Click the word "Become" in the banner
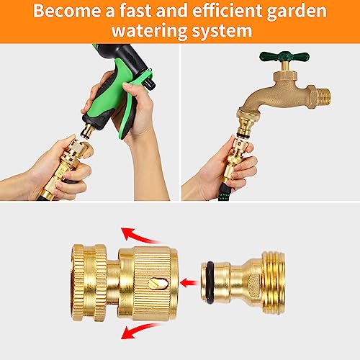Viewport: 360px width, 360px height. click(x=67, y=11)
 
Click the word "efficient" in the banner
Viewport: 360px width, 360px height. click(x=227, y=11)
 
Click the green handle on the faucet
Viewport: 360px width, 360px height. click(x=284, y=57)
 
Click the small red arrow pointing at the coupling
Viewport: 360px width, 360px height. click(x=189, y=283)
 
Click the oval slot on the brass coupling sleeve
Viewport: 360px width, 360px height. click(x=158, y=284)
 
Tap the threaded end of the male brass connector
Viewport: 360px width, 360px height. click(x=274, y=283)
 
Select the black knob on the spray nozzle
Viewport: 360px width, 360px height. click(x=149, y=84)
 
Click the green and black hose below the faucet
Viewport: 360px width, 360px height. click(x=224, y=192)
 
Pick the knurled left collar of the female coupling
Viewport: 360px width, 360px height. click(x=89, y=282)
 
